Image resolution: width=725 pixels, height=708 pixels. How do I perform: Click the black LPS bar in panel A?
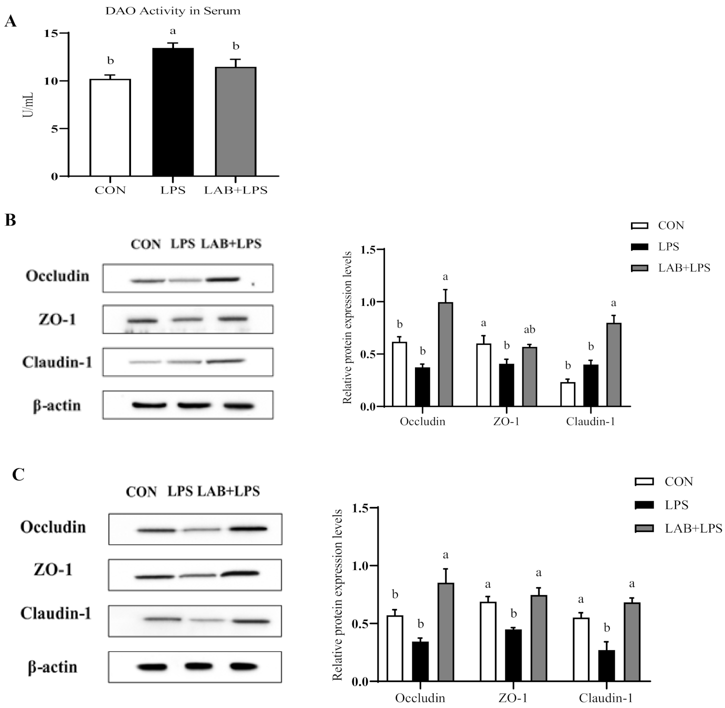(173, 112)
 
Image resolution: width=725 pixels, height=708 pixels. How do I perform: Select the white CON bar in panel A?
(110, 127)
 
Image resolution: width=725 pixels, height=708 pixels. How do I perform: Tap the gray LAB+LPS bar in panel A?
(235, 121)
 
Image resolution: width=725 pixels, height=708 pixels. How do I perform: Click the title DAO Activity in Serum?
(172, 11)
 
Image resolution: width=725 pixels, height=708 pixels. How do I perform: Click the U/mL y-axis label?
(28, 105)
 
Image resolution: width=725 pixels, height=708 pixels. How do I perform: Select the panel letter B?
(10, 220)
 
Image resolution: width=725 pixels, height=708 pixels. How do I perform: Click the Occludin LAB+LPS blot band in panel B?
(222, 279)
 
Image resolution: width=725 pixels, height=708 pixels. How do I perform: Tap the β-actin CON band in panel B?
(149, 405)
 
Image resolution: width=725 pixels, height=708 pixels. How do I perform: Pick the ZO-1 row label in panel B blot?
(57, 319)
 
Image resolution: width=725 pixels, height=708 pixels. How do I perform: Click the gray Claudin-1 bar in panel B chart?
(613, 364)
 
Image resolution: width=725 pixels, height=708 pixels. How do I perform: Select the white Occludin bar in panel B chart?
(399, 374)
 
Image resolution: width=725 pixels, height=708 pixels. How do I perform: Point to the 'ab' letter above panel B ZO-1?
(529, 329)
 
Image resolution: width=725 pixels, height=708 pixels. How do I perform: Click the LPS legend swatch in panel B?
(639, 247)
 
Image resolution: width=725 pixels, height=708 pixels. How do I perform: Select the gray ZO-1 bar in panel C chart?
(538, 638)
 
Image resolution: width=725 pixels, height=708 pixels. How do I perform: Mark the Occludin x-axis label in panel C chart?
(420, 698)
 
